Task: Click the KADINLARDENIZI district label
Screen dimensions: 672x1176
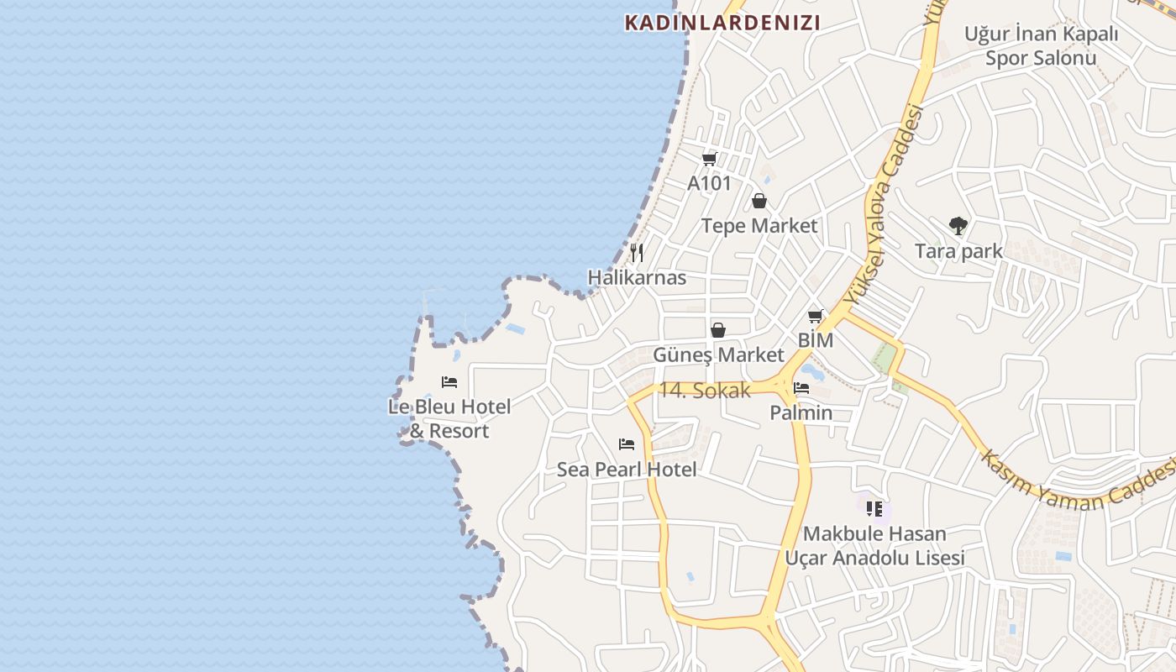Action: click(722, 23)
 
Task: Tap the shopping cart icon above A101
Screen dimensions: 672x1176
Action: click(709, 159)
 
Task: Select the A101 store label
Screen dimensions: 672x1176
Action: click(709, 183)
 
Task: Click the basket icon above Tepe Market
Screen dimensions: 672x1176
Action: click(759, 201)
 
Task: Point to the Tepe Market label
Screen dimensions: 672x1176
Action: click(759, 226)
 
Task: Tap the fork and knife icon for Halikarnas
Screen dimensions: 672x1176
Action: click(637, 252)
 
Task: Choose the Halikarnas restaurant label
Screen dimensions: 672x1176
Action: click(637, 277)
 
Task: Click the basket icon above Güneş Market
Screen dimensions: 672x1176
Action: click(718, 330)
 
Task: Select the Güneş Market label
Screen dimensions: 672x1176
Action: click(718, 354)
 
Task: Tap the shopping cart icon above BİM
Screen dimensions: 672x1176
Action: click(815, 317)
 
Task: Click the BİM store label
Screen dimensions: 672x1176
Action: click(815, 340)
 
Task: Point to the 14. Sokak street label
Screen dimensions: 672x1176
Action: click(704, 391)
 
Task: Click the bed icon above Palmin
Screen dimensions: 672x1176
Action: click(801, 388)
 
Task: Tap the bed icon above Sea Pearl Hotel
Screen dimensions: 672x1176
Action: click(627, 444)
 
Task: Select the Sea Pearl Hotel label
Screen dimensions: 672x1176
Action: click(627, 470)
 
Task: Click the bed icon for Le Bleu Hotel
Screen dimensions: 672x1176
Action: click(449, 382)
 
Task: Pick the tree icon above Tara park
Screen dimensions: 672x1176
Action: click(958, 225)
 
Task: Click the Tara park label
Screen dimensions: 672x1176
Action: click(958, 251)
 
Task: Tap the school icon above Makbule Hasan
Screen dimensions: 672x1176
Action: click(874, 508)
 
